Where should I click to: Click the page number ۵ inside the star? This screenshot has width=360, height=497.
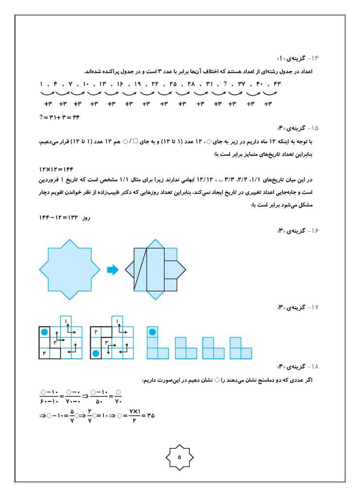[x=179, y=457]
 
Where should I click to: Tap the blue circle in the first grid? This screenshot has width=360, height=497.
[x=45, y=332]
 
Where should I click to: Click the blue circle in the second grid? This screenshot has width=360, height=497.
[x=96, y=353]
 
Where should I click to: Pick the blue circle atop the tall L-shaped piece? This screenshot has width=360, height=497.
[x=152, y=332]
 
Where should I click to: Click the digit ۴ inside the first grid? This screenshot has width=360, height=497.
[x=45, y=353]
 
